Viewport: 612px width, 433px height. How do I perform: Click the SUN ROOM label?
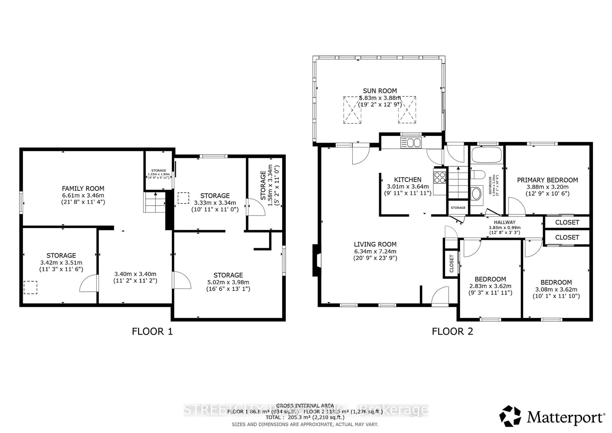click(x=380, y=91)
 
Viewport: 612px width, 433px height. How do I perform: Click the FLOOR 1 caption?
click(x=152, y=331)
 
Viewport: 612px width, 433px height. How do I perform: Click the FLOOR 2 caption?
click(x=452, y=331)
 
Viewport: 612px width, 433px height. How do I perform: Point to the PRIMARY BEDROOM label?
click(x=547, y=180)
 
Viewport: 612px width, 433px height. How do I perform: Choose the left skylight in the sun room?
click(x=352, y=110)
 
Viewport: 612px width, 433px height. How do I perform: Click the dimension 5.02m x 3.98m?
click(x=228, y=282)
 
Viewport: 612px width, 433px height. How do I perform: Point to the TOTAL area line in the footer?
click(x=305, y=417)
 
